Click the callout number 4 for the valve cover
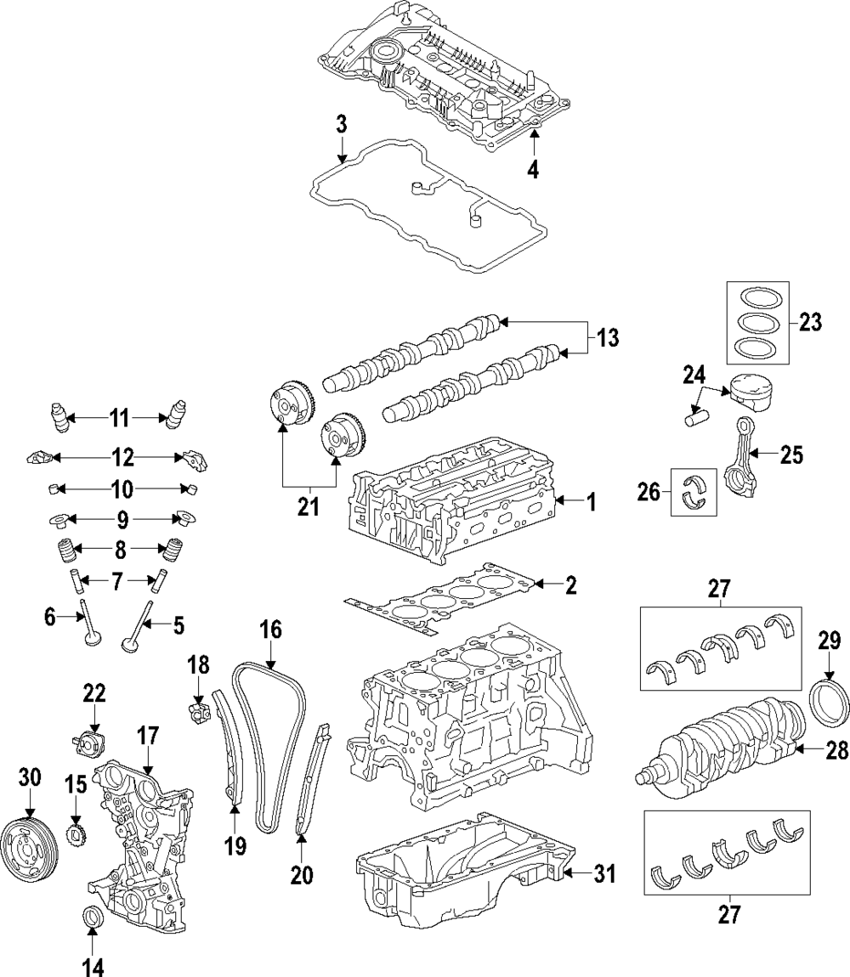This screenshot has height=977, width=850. pyautogui.click(x=533, y=169)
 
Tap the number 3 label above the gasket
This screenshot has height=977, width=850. pyautogui.click(x=341, y=124)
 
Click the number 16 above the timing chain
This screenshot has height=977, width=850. pyautogui.click(x=269, y=630)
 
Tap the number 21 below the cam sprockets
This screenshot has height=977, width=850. pyautogui.click(x=308, y=507)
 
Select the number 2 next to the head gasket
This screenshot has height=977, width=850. pyautogui.click(x=570, y=585)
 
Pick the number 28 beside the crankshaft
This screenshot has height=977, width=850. pyautogui.click(x=813, y=750)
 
